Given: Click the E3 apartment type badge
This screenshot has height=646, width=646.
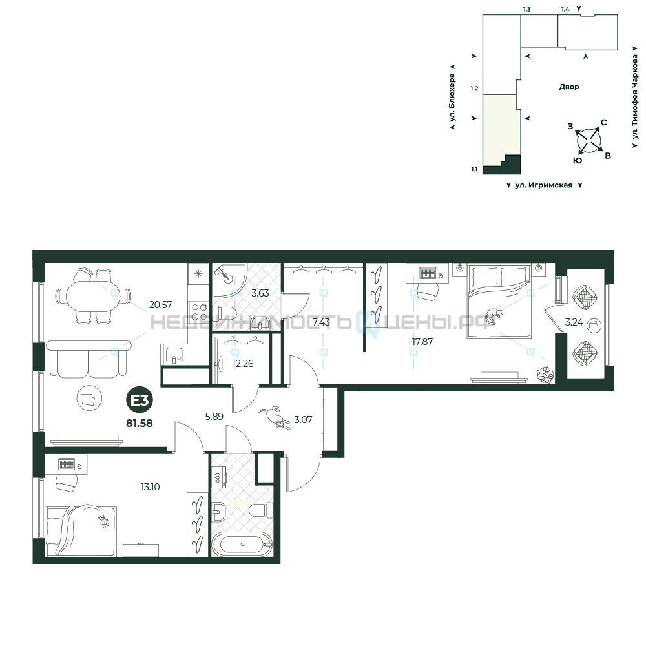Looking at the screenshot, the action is [x=140, y=400].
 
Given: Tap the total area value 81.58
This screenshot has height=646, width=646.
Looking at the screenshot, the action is [x=140, y=423].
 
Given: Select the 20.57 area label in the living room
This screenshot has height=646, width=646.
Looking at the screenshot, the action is [x=160, y=305].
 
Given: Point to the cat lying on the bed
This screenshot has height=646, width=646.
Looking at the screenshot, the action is [x=494, y=316].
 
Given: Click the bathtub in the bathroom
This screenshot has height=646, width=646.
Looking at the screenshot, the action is [x=242, y=544].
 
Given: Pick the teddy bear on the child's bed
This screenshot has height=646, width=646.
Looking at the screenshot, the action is [x=103, y=521].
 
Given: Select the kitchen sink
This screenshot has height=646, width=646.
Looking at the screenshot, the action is [x=173, y=354].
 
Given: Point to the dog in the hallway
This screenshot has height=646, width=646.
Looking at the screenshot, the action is [x=275, y=417].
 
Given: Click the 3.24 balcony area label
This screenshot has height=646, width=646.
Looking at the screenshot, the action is [x=574, y=322].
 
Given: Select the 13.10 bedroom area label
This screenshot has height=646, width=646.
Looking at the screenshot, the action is [x=150, y=487].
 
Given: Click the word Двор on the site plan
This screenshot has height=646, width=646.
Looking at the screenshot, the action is [x=569, y=87].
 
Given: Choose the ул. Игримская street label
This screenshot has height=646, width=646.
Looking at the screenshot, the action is [x=544, y=185].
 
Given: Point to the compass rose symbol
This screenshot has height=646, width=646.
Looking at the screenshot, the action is [x=589, y=141].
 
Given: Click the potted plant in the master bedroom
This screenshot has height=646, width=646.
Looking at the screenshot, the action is [x=545, y=374].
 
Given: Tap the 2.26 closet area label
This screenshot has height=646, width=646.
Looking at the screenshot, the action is [x=244, y=364].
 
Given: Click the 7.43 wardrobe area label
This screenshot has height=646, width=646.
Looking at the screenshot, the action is [x=321, y=322].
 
